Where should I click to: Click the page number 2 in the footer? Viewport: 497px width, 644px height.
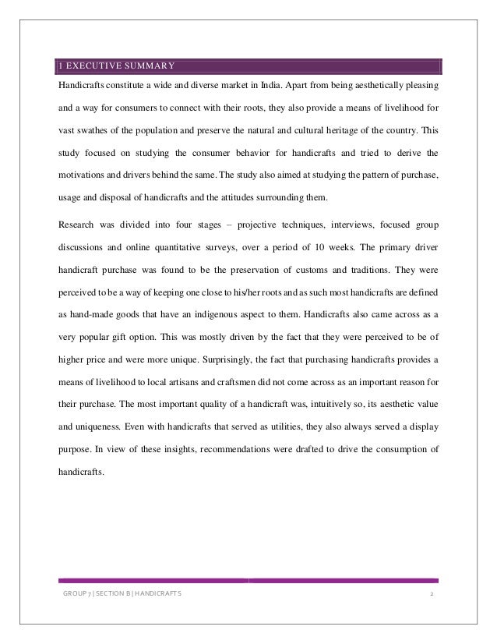pos(432,596)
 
